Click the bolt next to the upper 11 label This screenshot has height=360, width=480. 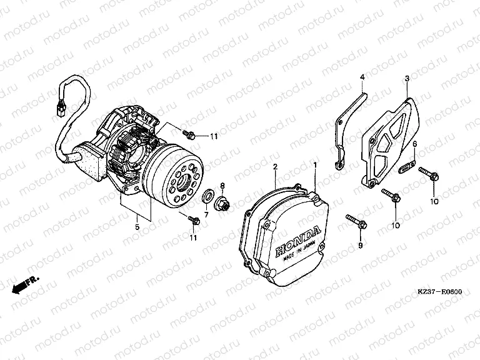[x=187, y=133]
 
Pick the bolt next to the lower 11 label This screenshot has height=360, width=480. [x=193, y=218]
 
